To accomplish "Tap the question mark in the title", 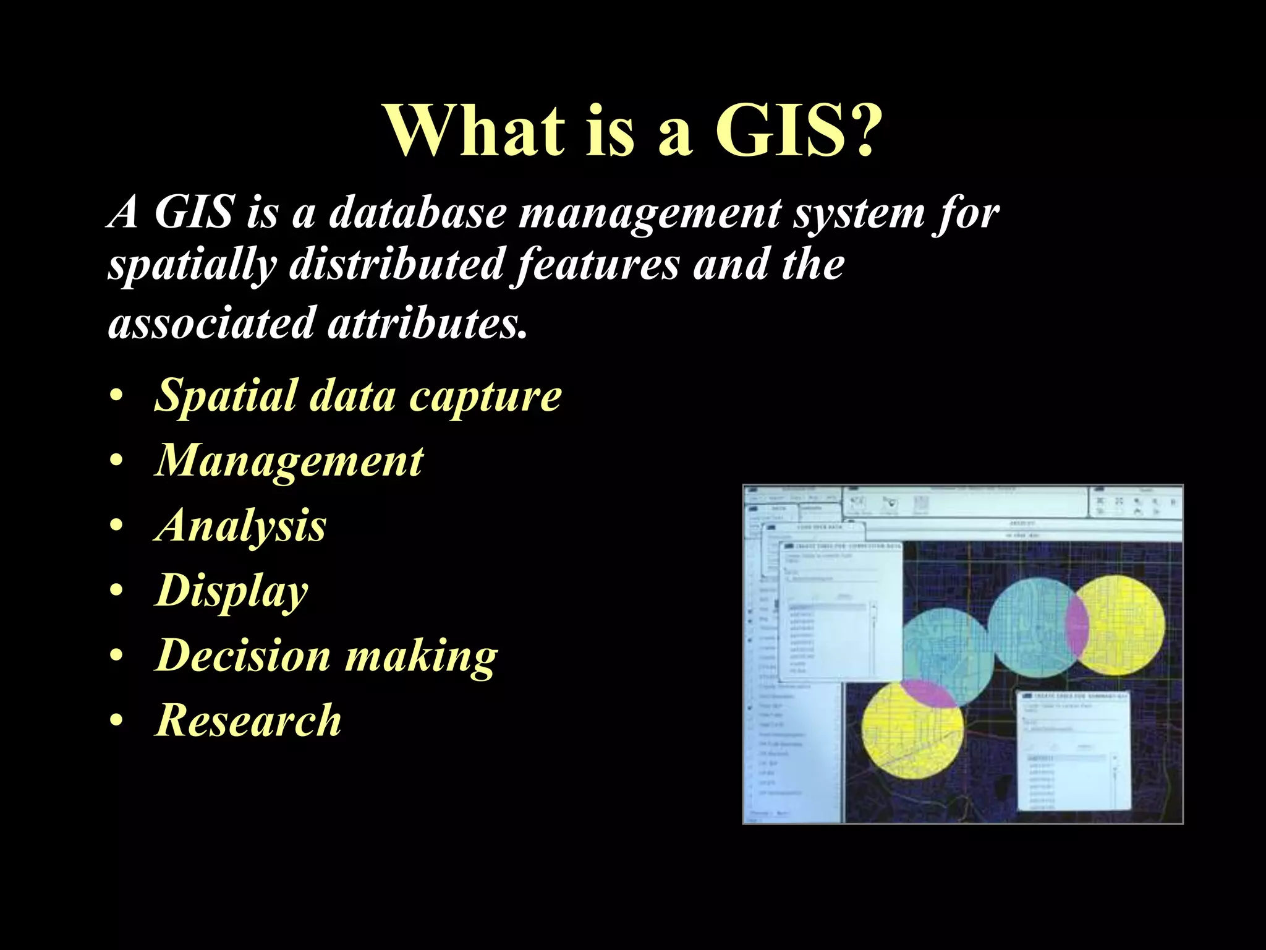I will pyautogui.click(x=861, y=131).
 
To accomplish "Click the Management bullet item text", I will pyautogui.click(x=289, y=461).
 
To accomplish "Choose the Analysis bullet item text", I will pyautogui.click(x=240, y=526).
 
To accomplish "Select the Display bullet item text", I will pyautogui.click(x=231, y=591).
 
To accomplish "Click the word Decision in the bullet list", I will pyautogui.click(x=242, y=656).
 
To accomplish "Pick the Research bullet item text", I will pyautogui.click(x=248, y=721).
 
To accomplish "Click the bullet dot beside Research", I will pyautogui.click(x=116, y=721).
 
